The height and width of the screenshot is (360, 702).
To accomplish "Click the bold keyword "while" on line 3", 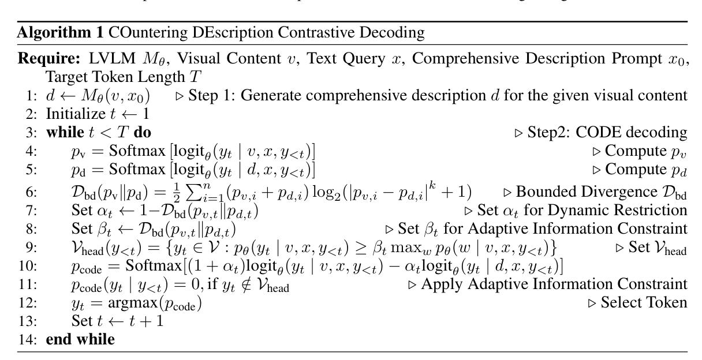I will [63, 133].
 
